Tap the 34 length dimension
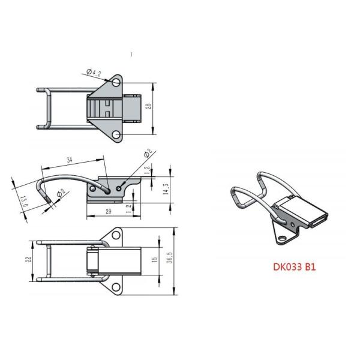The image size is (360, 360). (x=69, y=160)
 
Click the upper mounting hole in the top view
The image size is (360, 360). (x=116, y=81)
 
